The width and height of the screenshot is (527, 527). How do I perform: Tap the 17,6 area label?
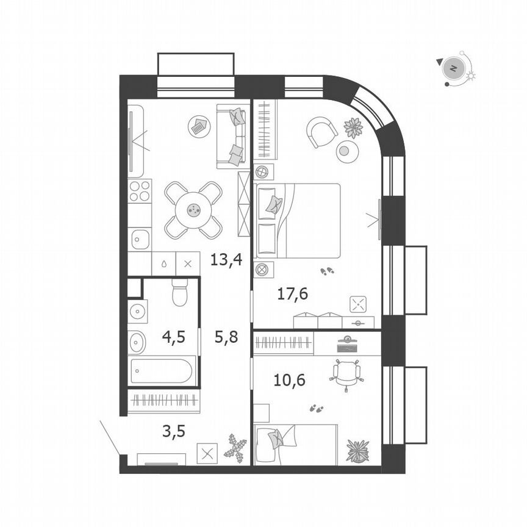pos(293,294)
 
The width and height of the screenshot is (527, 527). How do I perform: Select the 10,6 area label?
pos(290,381)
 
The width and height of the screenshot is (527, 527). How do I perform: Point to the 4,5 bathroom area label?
pos(173,336)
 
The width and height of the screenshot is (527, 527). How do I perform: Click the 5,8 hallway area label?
pos(226,336)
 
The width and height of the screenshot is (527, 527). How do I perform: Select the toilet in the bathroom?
pos(179,293)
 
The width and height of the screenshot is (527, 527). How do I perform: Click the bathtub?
pos(163,371)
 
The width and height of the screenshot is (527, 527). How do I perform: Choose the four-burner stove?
pos(140,190)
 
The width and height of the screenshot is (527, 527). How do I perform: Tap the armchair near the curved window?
pos(321,131)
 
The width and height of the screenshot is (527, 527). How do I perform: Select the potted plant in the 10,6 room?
pos(357,450)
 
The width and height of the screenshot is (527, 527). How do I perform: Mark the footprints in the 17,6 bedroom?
pos(328,270)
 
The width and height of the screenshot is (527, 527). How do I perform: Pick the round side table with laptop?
pos(198,127)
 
